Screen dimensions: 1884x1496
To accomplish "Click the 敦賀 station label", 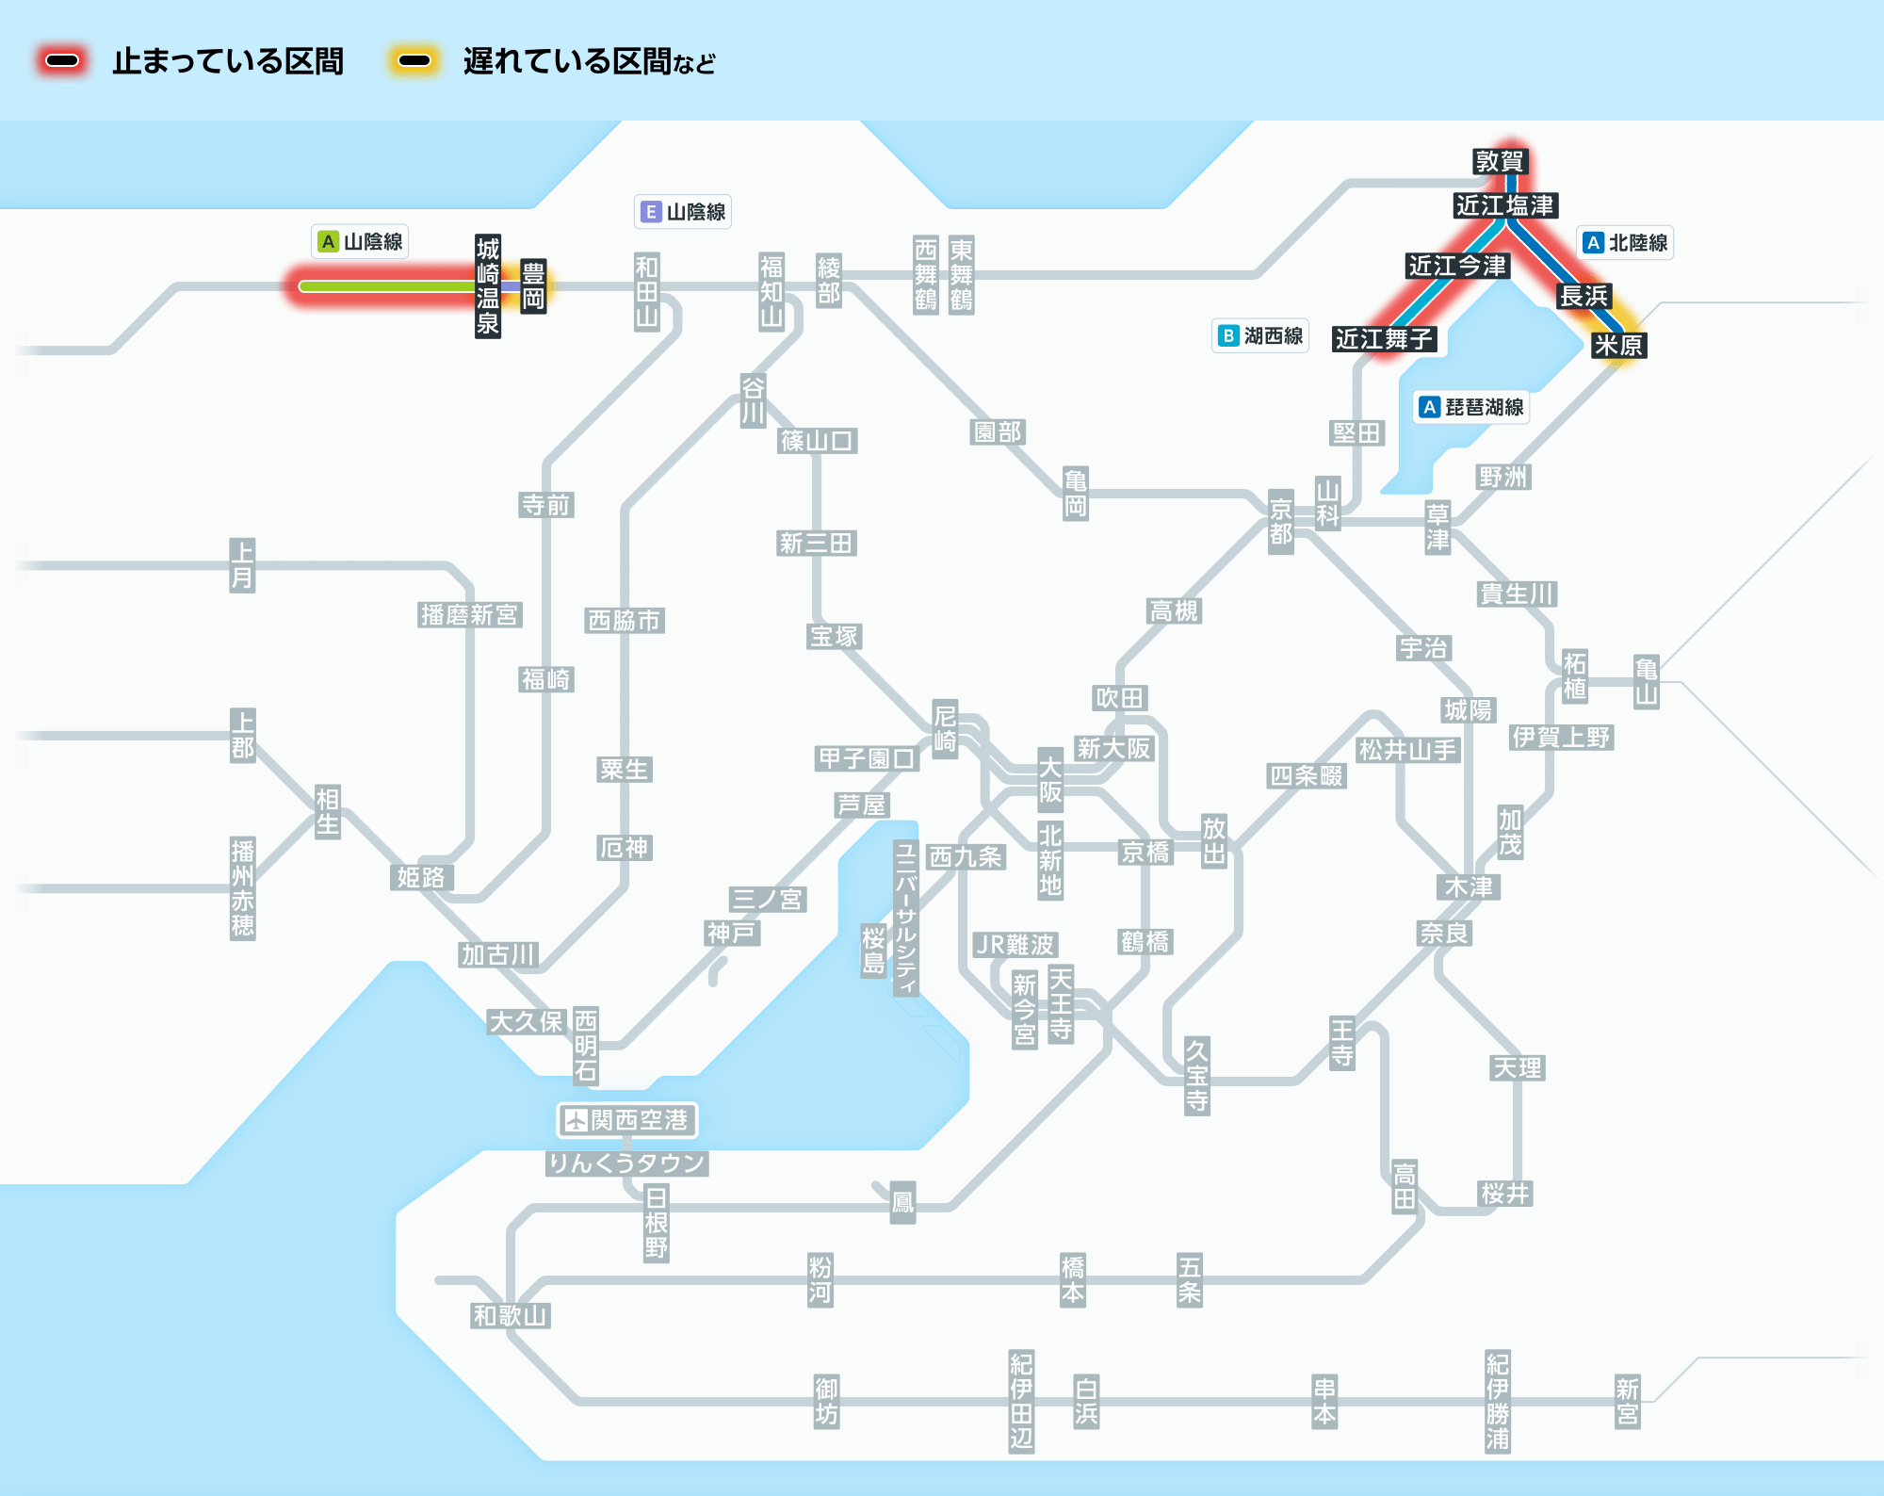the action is (x=1499, y=161).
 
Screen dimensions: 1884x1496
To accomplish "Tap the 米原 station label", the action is (x=1618, y=345).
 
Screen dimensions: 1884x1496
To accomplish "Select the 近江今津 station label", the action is (x=1457, y=266).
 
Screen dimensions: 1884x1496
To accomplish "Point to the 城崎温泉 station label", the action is (x=487, y=286).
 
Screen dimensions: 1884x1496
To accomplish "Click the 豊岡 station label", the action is (x=533, y=286).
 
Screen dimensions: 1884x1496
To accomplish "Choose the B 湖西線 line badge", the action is (x=1260, y=335).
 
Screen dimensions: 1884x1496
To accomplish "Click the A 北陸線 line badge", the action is (x=1625, y=243).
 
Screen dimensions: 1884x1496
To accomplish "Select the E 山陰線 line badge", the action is (x=683, y=212).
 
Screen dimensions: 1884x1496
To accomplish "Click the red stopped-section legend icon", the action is (x=62, y=61).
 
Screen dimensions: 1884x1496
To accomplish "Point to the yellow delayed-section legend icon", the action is (x=414, y=61).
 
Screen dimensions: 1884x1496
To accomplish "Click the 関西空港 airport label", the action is (x=626, y=1120).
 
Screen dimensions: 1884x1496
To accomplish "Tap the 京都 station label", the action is (x=1280, y=522).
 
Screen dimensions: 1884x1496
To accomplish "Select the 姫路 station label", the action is (x=421, y=878).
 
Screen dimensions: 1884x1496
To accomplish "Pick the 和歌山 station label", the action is (x=511, y=1316).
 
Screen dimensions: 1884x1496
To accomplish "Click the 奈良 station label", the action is (x=1445, y=934).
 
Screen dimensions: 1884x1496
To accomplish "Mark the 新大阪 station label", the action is (x=1114, y=749).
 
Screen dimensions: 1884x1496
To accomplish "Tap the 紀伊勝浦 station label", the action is (x=1498, y=1402).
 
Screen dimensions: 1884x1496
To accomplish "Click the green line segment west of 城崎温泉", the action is (x=386, y=286).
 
